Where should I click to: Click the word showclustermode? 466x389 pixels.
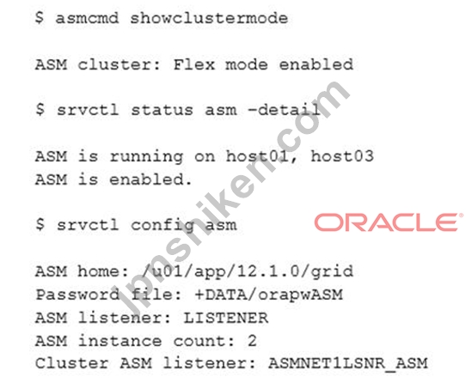coord(209,18)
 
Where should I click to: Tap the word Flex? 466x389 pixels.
coord(193,64)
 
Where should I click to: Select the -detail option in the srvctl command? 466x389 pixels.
coord(284,110)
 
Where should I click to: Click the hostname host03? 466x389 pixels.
coord(342,155)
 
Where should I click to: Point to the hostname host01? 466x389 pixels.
coord(257,155)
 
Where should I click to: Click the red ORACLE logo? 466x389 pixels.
coord(388,222)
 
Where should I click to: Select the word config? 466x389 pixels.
coord(162,226)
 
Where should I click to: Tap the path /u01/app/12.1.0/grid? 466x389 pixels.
coord(248,271)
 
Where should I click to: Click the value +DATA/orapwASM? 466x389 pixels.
coord(268,295)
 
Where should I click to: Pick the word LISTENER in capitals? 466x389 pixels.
coord(226,318)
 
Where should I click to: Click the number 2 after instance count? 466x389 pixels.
coord(252,341)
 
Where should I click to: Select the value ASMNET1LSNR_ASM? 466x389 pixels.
coord(347,364)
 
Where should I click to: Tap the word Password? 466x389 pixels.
coord(77,295)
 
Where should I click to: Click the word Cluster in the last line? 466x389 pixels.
coord(72,364)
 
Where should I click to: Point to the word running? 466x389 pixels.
coord(146,156)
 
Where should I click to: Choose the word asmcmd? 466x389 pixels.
coord(87,18)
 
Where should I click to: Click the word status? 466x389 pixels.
coord(162,110)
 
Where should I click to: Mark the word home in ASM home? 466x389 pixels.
coord(98,271)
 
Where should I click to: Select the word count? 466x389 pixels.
coord(199,341)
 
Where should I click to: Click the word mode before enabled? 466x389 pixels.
coord(247,64)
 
